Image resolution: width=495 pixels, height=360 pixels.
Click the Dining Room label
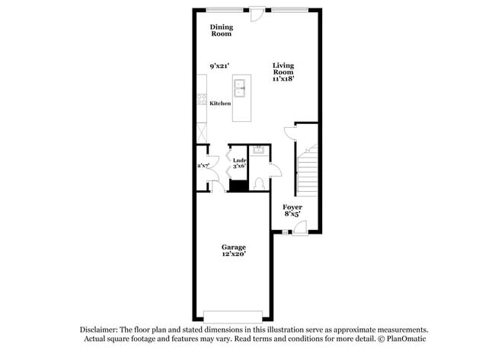[222, 30]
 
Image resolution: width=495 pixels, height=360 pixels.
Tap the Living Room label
[283, 69]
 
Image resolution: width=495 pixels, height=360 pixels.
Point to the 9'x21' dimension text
[221, 67]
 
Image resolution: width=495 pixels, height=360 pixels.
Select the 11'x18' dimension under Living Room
[283, 78]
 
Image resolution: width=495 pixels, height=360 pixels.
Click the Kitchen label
[221, 104]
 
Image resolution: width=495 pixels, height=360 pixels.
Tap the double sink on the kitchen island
[241, 90]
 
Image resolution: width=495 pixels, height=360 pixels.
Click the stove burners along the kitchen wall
[201, 98]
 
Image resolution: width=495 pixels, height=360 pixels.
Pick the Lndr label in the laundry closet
[239, 160]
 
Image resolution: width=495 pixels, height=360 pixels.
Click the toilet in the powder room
[258, 183]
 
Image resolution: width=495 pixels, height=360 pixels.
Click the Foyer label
[292, 207]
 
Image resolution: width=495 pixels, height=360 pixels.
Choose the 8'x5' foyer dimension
[292, 215]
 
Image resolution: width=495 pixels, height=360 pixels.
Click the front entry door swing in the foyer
[300, 226]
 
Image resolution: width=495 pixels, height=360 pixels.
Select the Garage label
[233, 247]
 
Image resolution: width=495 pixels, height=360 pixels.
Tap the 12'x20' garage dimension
[233, 256]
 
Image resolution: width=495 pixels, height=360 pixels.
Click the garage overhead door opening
[234, 316]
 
